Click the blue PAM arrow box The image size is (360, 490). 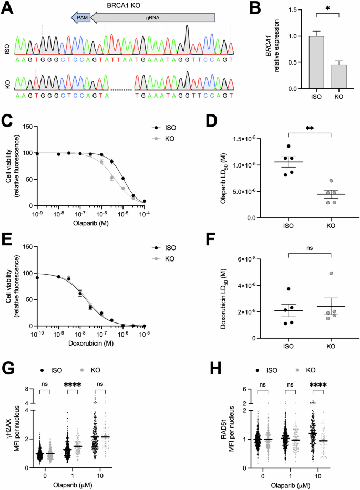click(x=80, y=17)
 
